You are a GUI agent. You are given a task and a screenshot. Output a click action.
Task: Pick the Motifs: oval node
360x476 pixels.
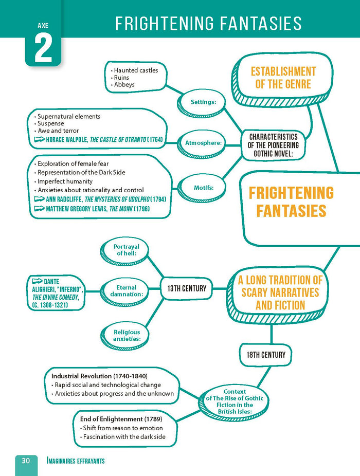click(x=204, y=188)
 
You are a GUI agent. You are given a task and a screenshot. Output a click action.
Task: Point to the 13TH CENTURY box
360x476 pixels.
click(x=186, y=288)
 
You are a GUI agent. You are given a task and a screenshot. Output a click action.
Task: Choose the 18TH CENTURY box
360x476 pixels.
click(x=265, y=354)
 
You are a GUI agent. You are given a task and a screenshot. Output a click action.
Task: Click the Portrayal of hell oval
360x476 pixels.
click(x=126, y=250)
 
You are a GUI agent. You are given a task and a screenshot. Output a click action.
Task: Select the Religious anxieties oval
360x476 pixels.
click(x=127, y=336)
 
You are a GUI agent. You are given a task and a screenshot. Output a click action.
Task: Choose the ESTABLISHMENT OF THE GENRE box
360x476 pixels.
click(x=283, y=77)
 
